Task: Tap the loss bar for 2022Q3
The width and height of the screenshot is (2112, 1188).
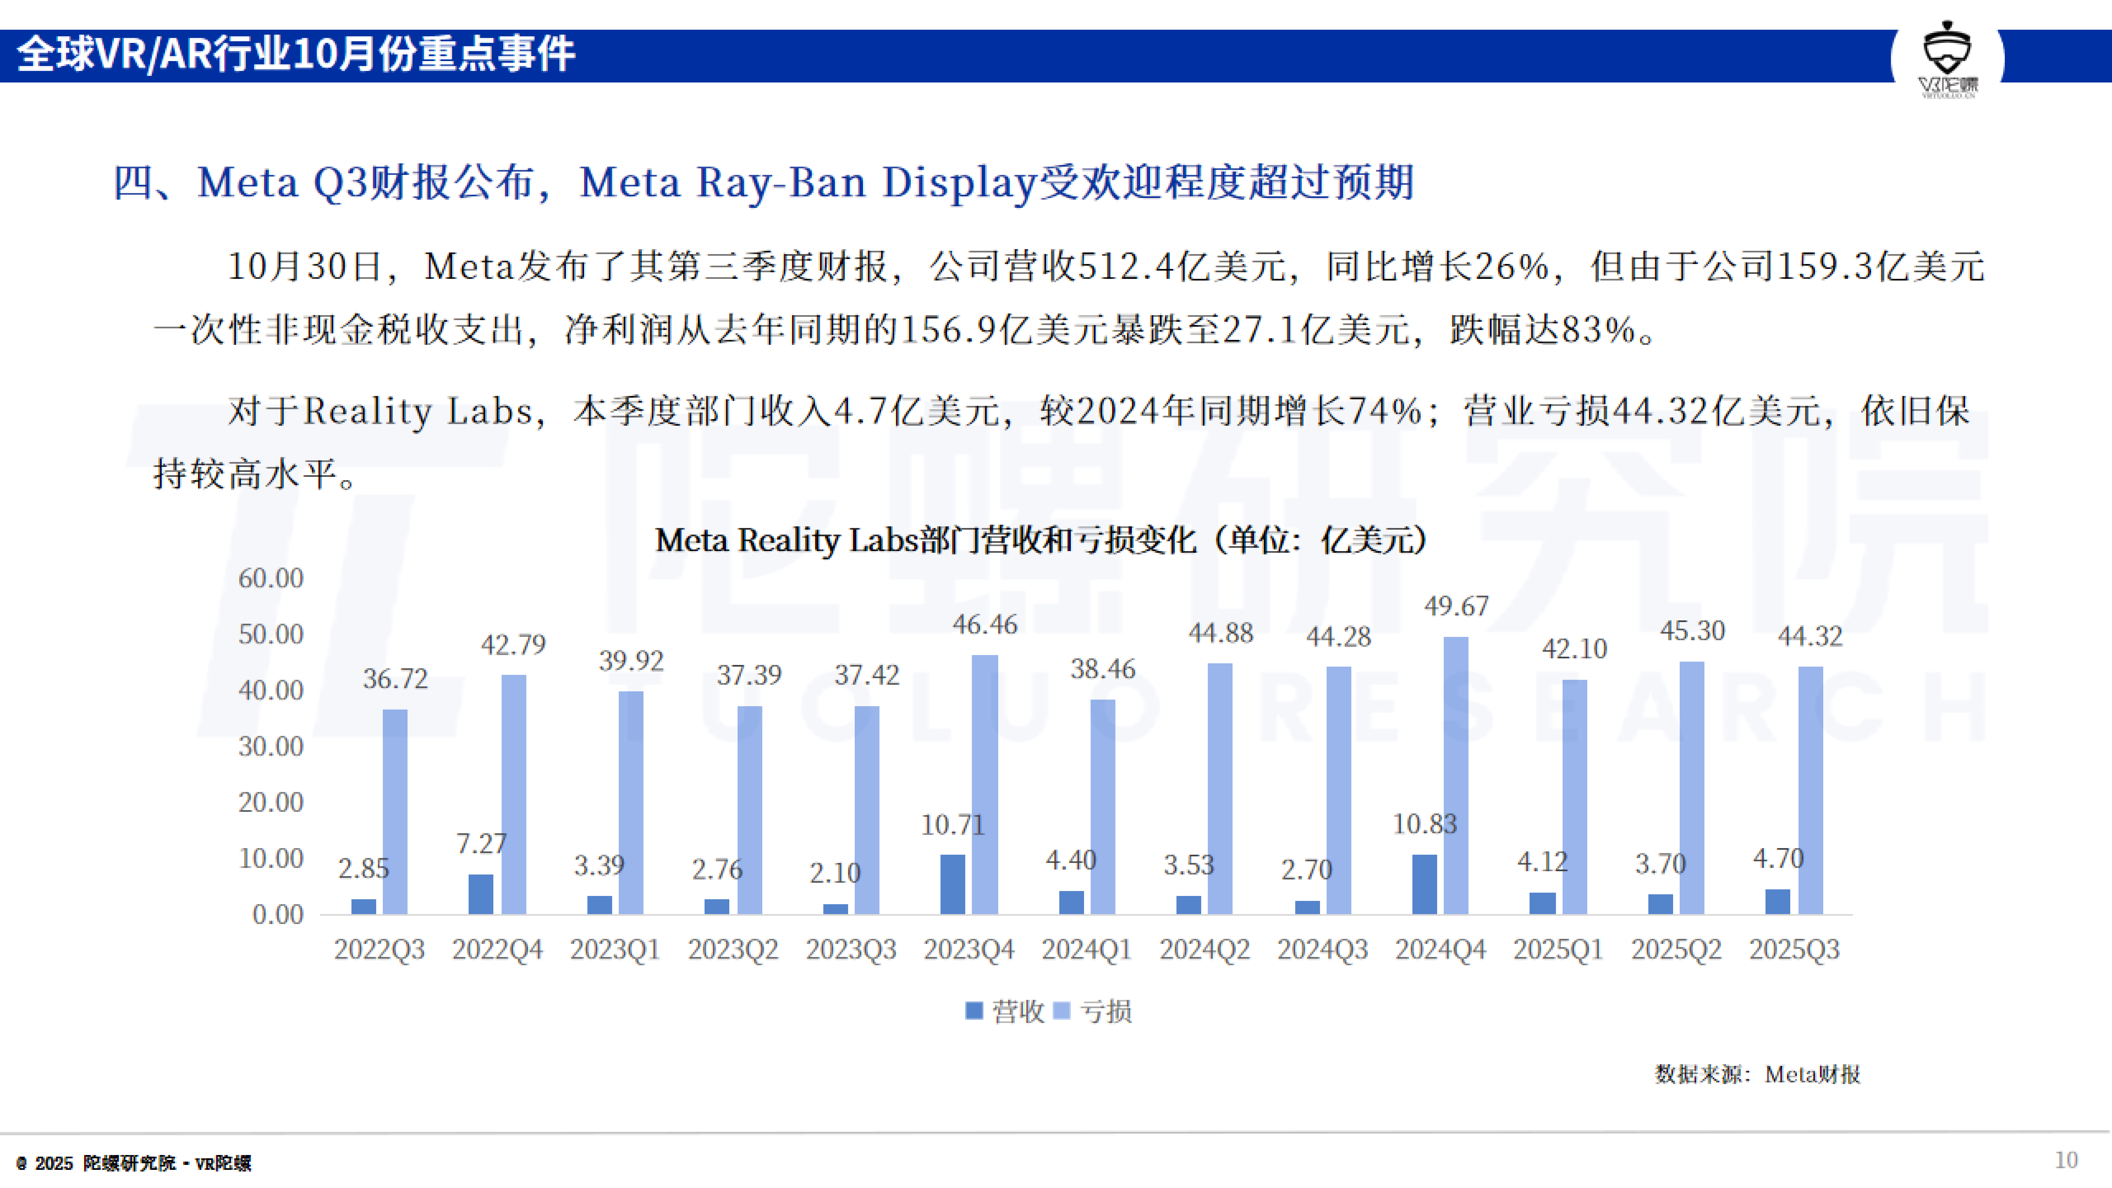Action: (x=395, y=812)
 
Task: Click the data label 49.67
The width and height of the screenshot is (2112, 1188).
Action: (x=1456, y=606)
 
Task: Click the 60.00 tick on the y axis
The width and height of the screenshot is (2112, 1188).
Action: (x=271, y=578)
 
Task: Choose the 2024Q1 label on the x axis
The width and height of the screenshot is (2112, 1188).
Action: (x=1087, y=950)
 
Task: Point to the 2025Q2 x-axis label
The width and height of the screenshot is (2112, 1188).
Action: (x=1676, y=950)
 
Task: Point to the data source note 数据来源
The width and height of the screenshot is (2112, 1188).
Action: (x=1757, y=1074)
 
